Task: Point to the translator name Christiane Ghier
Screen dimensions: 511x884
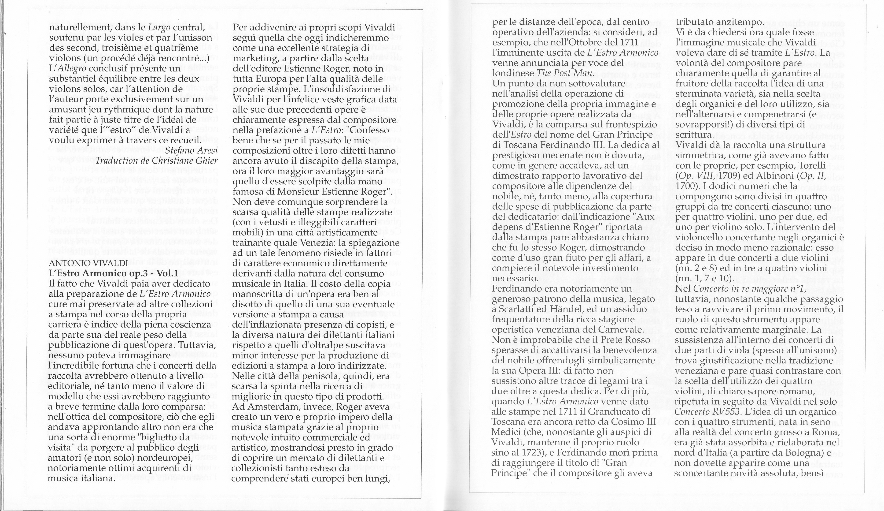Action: pyautogui.click(x=185, y=160)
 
